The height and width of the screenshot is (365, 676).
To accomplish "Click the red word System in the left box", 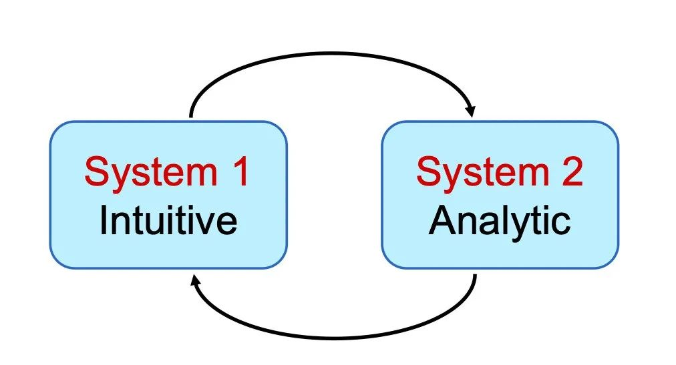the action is click(151, 173).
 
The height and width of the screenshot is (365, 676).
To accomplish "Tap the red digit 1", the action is click(240, 171).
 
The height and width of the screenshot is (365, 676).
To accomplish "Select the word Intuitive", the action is click(168, 220).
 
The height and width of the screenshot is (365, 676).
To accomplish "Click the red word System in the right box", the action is click(483, 173).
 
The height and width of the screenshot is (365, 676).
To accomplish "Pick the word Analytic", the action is click(500, 222).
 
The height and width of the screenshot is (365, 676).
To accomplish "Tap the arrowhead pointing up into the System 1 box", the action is click(195, 281).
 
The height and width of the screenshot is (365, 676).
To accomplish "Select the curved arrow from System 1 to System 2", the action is click(332, 53).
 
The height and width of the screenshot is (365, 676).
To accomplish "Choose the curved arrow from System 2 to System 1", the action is click(334, 338).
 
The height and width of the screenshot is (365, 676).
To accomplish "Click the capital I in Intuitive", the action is click(103, 220).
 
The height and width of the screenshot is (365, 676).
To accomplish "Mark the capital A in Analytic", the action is click(442, 220).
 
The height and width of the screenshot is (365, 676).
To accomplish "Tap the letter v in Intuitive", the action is click(203, 224).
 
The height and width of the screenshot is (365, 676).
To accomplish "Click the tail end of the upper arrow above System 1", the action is click(191, 117).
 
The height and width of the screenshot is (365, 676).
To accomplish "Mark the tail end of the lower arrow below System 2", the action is click(475, 276).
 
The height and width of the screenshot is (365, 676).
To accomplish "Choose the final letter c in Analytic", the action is click(561, 224).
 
